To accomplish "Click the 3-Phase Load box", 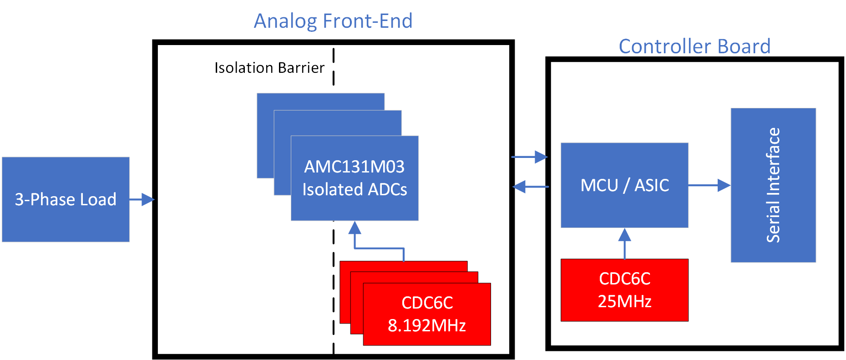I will (x=66, y=199).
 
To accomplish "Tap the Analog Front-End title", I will (x=333, y=21).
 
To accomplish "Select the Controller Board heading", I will (x=694, y=46).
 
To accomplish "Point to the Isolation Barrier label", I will (x=269, y=68).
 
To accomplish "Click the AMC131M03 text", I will (x=354, y=167).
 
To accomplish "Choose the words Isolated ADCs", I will (x=355, y=189).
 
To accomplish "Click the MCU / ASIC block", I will (x=624, y=185).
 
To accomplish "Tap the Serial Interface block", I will (x=773, y=185).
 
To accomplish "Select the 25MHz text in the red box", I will (x=624, y=301).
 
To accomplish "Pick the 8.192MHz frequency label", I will (x=427, y=325).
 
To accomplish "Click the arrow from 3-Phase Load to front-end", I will (x=142, y=199).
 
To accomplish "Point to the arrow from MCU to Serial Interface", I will (x=709, y=185).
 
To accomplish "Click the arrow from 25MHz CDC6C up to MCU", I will (x=624, y=243).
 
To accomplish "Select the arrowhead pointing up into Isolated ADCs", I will (x=355, y=228).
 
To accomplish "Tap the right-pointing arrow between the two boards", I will (x=530, y=157).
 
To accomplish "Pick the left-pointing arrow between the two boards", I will (x=530, y=187).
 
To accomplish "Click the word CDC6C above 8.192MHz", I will (x=427, y=303).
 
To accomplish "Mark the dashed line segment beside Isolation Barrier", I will (x=334, y=67).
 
